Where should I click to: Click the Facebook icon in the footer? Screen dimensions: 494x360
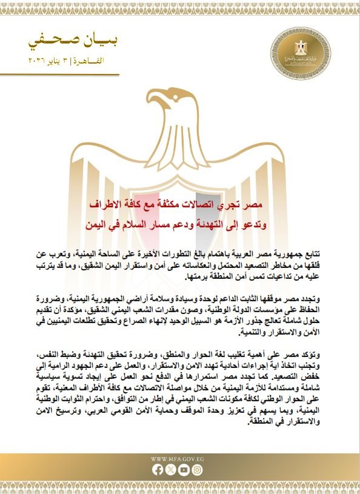(159, 469)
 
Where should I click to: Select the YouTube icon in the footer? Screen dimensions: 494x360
(185, 469)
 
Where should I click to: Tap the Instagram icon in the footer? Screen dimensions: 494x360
(199, 469)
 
